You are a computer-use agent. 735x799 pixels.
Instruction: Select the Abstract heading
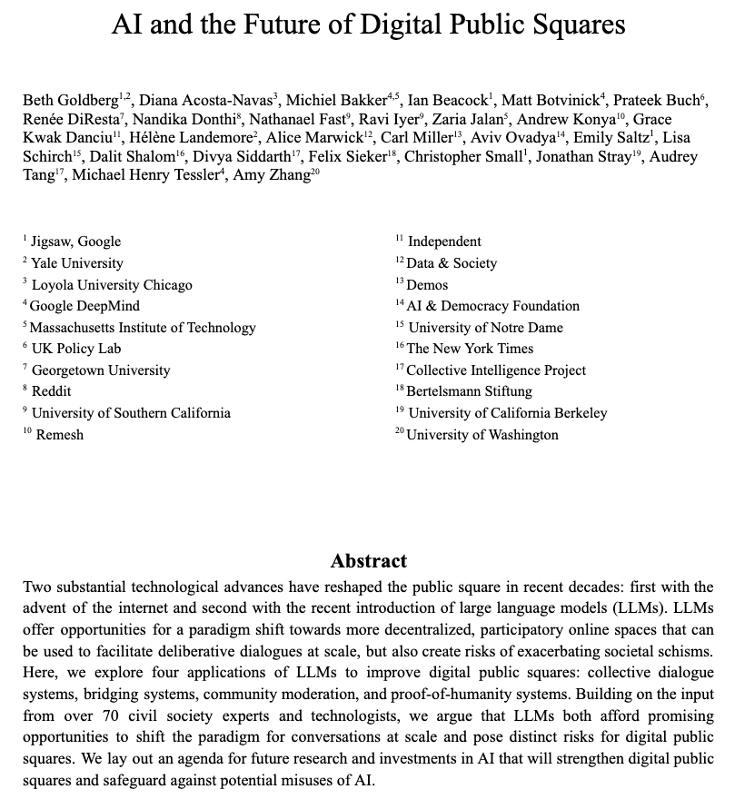tap(368, 560)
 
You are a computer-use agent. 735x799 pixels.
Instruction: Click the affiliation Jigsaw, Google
tap(75, 242)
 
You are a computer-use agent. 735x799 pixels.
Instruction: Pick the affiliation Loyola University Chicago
tap(112, 284)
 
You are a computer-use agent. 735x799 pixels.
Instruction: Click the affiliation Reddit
tap(51, 391)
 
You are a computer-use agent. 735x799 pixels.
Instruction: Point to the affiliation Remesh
tap(60, 435)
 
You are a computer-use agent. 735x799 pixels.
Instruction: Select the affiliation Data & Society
tap(452, 263)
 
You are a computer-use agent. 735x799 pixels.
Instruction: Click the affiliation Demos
tap(427, 284)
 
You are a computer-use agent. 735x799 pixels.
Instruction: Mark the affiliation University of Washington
tap(482, 435)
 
